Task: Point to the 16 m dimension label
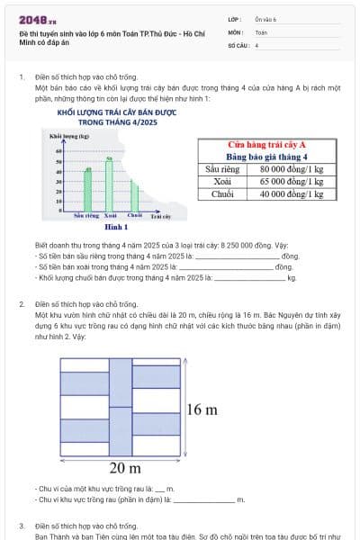coord(202,409)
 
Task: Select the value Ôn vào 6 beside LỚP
coord(266,19)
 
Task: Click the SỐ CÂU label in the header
coord(238,44)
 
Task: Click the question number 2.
coord(21,304)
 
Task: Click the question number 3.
coord(21,525)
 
